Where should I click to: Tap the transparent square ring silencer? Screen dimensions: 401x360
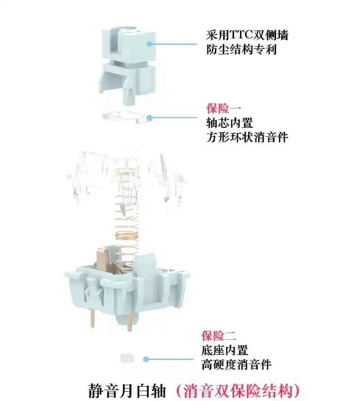tap(127, 117)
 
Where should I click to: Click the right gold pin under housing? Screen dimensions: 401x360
tap(129, 323)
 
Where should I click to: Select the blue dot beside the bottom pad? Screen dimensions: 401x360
tap(146, 359)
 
